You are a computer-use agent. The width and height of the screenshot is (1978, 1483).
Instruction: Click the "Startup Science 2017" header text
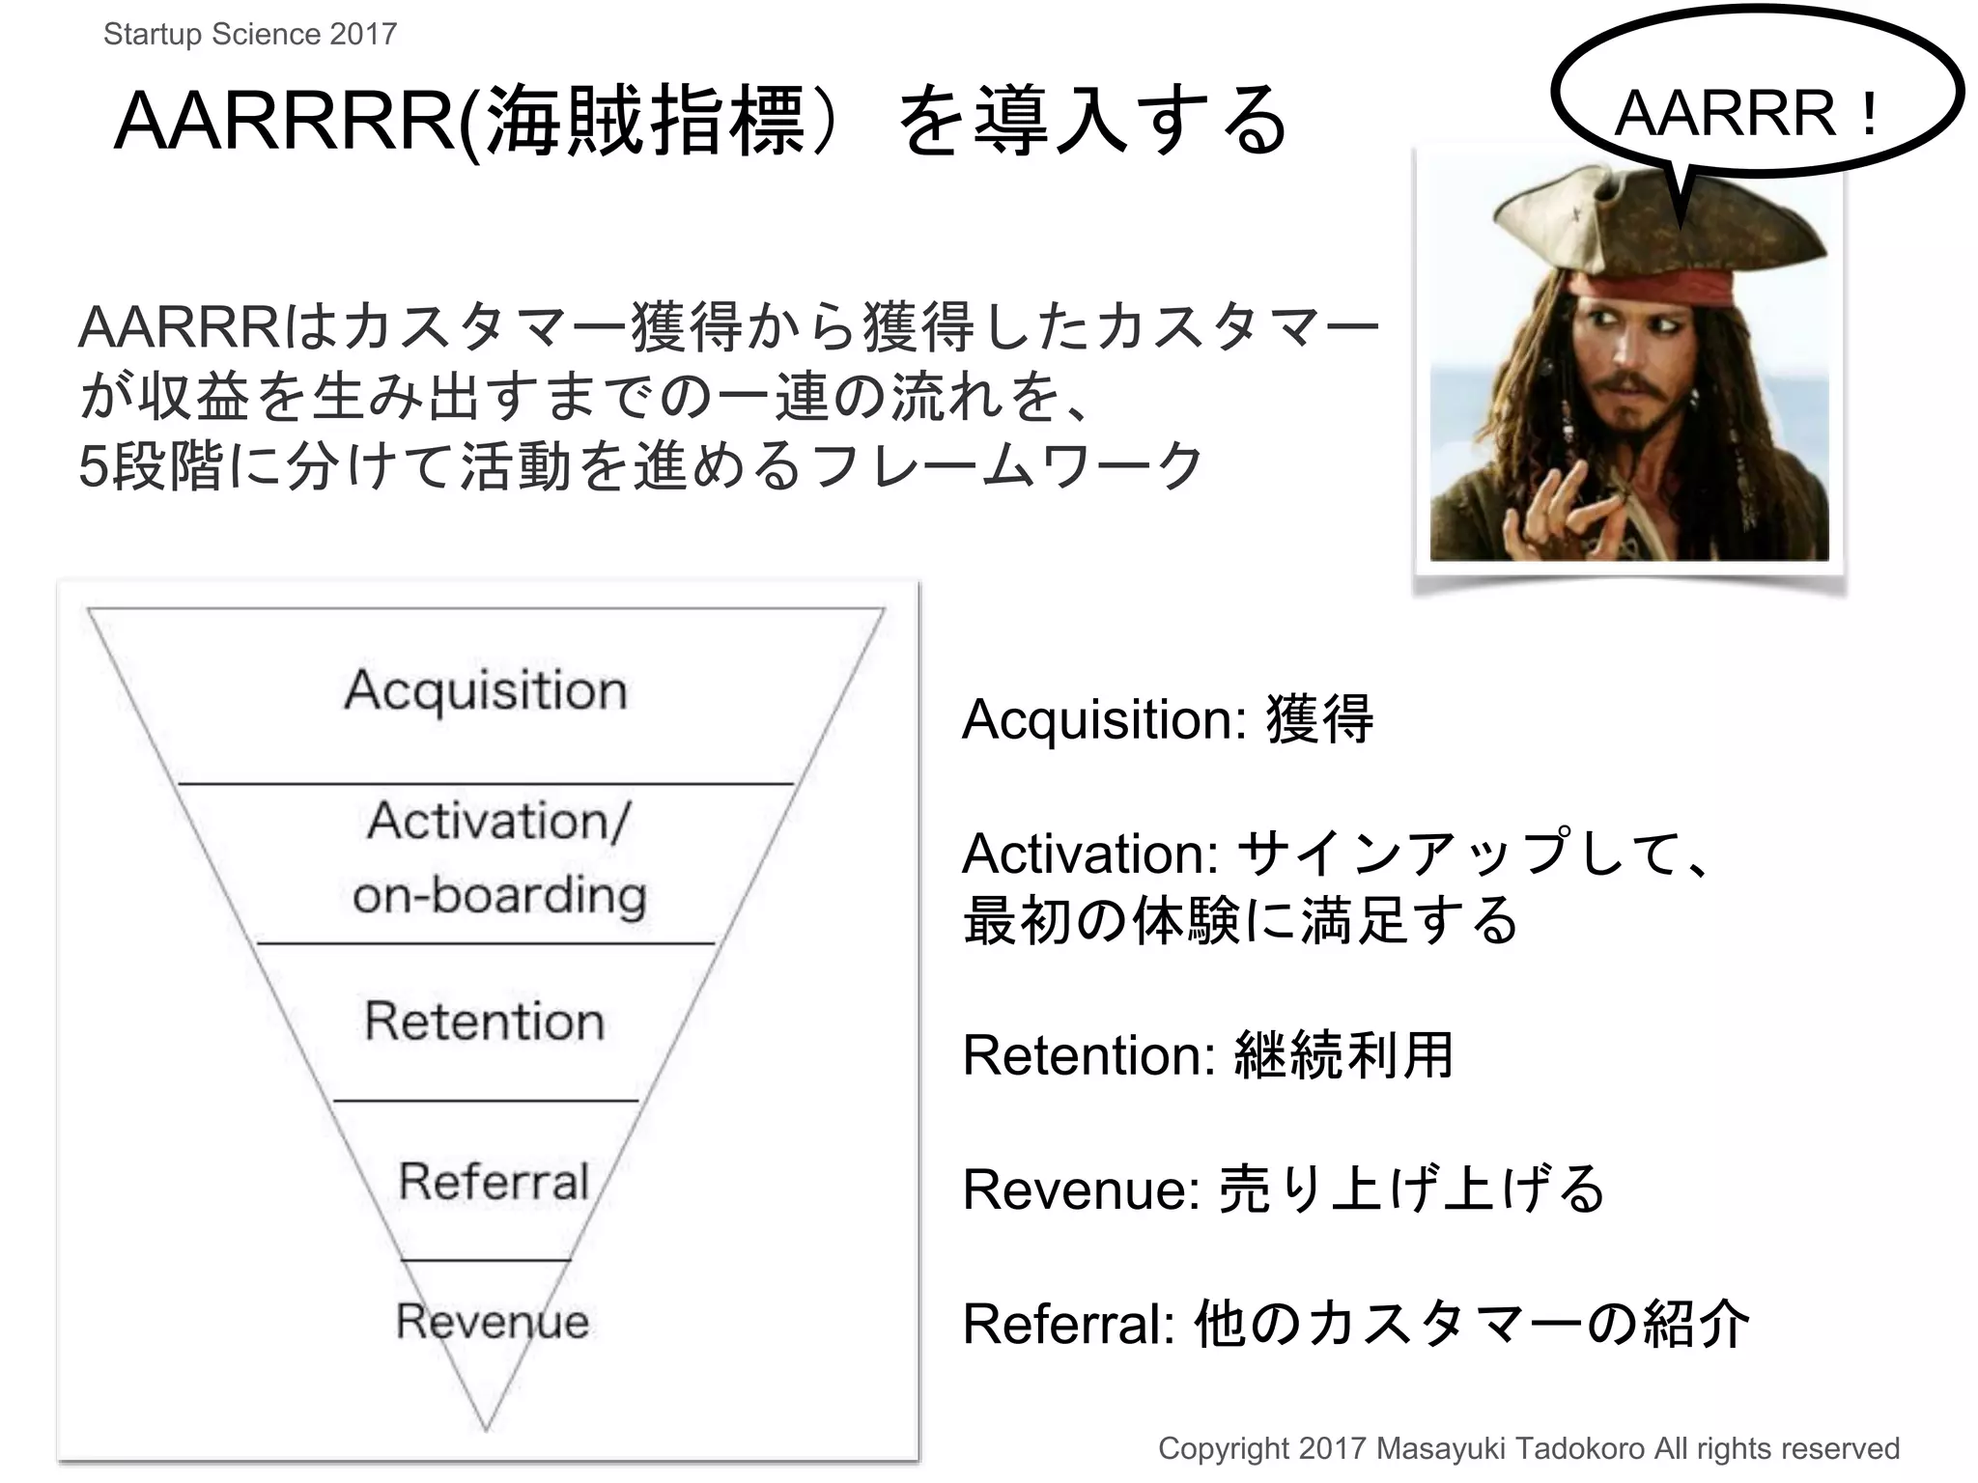point(250,35)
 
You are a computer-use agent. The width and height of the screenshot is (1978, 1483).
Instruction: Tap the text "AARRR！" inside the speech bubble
point(1748,114)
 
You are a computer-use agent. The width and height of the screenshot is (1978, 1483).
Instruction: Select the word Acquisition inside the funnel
point(486,691)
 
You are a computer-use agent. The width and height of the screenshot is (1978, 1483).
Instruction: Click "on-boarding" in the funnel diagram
point(499,896)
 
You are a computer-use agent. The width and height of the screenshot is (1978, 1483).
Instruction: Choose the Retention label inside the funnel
point(485,1021)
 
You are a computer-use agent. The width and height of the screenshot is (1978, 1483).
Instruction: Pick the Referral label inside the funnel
point(494,1182)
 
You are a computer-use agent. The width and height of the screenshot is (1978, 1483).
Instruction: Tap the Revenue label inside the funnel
point(492,1321)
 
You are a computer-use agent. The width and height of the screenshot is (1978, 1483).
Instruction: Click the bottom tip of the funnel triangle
point(486,1427)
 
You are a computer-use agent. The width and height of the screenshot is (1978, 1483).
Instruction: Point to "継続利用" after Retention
point(1344,1054)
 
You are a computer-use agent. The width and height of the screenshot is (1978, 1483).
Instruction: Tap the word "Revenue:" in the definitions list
point(1082,1189)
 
